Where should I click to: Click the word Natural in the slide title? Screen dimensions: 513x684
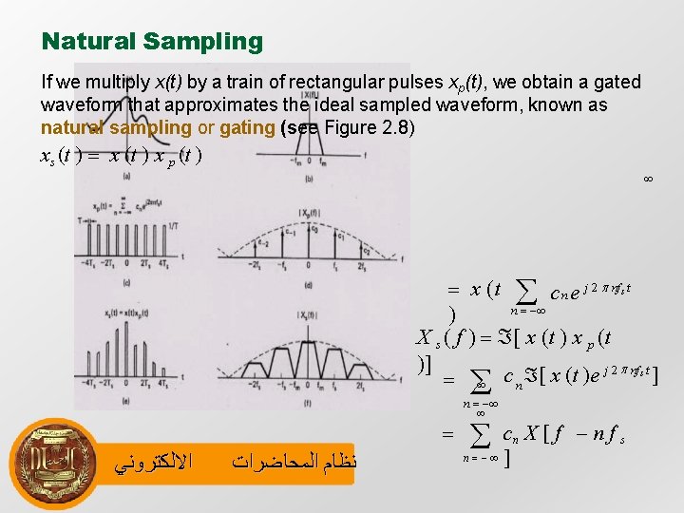(89, 42)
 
